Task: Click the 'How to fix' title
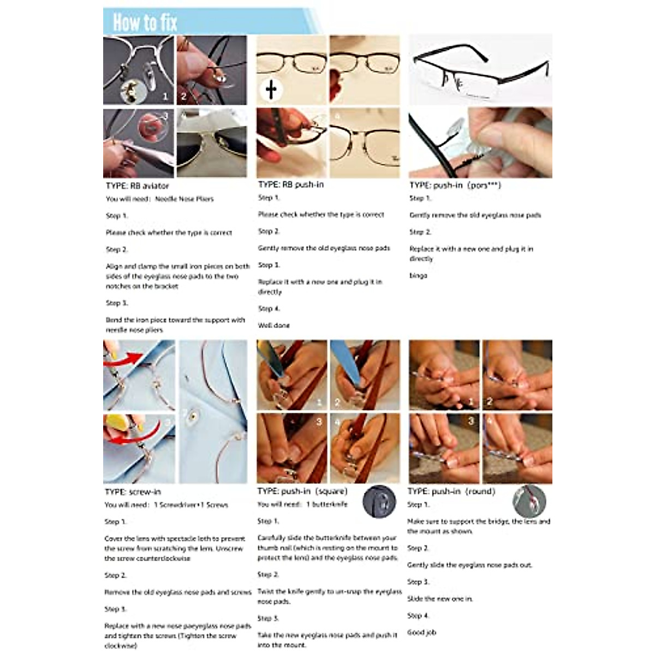coord(145,22)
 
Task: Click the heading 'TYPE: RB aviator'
coord(138,186)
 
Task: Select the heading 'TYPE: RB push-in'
coord(291,184)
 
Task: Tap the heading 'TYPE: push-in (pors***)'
coord(455,185)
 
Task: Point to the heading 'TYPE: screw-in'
coord(133,492)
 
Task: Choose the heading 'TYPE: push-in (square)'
coord(302,491)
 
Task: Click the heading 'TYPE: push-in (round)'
coord(451,491)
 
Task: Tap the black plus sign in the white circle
coord(271,90)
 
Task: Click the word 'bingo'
coord(419,276)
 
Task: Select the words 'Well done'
coord(274,325)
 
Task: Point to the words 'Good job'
coord(422,633)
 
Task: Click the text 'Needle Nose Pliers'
coord(184,199)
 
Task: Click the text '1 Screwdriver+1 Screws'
coord(191,505)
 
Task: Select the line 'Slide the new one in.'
coord(440,599)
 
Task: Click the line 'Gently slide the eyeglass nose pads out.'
coord(469,565)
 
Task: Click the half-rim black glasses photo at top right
coord(480,69)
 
